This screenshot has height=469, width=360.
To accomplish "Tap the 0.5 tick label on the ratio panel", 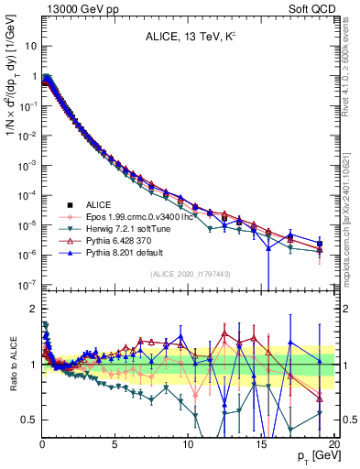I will (28, 420).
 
